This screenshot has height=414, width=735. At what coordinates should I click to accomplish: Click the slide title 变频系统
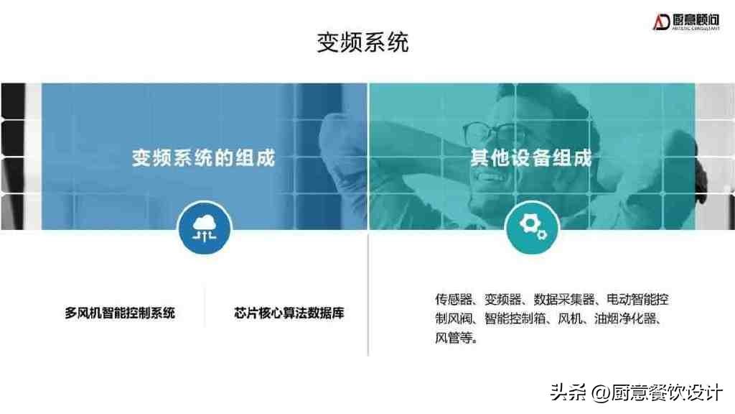click(362, 42)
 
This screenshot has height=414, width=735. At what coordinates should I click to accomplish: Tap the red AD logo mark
click(661, 22)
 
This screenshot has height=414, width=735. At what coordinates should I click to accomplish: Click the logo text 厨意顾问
click(696, 19)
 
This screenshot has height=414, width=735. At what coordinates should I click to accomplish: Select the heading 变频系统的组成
click(203, 157)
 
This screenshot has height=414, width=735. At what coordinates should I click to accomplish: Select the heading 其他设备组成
click(531, 157)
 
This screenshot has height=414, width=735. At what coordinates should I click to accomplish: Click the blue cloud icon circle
click(205, 228)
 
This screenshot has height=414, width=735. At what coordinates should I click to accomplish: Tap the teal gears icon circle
click(532, 228)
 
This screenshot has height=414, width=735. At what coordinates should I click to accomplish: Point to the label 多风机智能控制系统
click(120, 313)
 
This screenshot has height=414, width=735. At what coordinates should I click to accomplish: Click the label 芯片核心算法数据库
click(289, 313)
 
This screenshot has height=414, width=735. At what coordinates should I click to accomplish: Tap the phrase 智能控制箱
click(515, 318)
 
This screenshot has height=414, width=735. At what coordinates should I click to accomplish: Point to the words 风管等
click(454, 338)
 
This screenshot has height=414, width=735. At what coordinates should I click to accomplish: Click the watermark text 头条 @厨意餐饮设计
click(636, 392)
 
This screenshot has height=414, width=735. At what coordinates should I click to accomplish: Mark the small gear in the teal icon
click(541, 234)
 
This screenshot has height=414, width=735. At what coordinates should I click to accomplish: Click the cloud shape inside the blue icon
click(205, 223)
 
